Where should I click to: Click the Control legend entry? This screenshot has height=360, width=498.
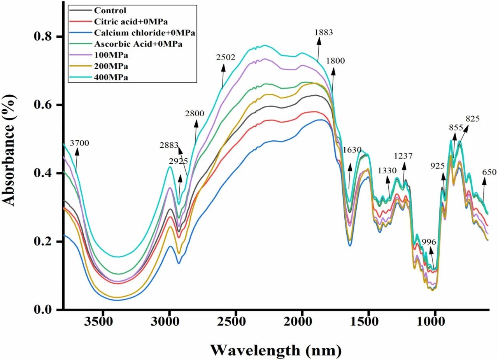coord(110,10)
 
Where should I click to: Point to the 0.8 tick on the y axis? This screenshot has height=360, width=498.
coord(60,37)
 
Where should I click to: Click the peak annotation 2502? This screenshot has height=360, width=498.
coord(226,58)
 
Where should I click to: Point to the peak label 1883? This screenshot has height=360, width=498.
coord(324,33)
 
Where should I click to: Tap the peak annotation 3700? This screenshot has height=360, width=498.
coord(79,143)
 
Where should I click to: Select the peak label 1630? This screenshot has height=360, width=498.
coord(352,150)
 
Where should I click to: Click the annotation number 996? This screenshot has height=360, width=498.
coord(429,241)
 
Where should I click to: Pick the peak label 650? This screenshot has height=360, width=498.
coord(489,172)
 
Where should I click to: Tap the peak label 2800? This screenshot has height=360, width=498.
coord(194,114)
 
